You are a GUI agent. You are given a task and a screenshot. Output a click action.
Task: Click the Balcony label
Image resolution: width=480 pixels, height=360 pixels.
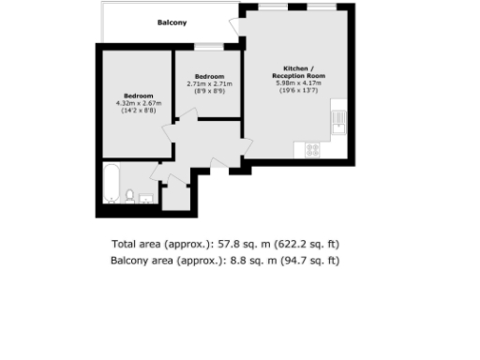172,22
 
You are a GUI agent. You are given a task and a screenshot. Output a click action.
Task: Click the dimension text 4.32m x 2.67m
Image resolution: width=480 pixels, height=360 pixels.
138,103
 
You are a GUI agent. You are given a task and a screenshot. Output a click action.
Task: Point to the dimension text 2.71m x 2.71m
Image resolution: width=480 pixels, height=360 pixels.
209,84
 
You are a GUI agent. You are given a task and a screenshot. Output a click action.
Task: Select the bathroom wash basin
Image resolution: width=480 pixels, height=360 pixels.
146,198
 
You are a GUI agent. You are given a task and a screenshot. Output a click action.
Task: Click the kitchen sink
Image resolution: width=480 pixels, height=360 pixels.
338,122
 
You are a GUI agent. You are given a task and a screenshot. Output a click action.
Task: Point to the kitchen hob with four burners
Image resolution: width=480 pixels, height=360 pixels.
312,149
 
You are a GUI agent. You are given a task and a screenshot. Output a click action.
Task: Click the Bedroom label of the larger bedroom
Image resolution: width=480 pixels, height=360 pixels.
138,96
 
